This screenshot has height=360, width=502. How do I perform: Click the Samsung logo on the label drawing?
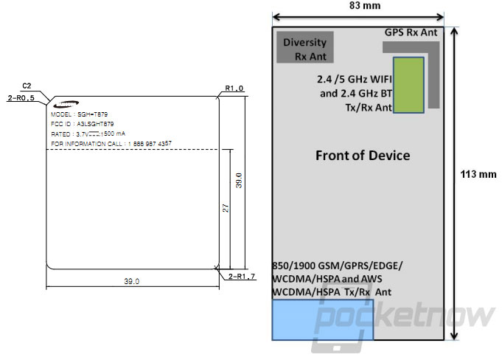click(66, 103)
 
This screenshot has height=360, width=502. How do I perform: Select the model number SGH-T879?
click(93, 114)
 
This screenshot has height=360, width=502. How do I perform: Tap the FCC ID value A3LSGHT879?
click(95, 124)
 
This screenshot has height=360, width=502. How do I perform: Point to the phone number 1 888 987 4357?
click(150, 144)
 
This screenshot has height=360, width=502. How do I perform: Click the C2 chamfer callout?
click(27, 86)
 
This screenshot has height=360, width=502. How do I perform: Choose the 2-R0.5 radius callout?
click(21, 98)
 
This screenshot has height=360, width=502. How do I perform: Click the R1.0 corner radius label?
click(234, 88)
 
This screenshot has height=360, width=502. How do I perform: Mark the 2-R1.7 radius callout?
click(242, 276)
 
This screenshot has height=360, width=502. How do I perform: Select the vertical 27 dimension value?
click(226, 208)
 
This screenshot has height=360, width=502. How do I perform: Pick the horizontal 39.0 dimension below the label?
click(132, 281)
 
